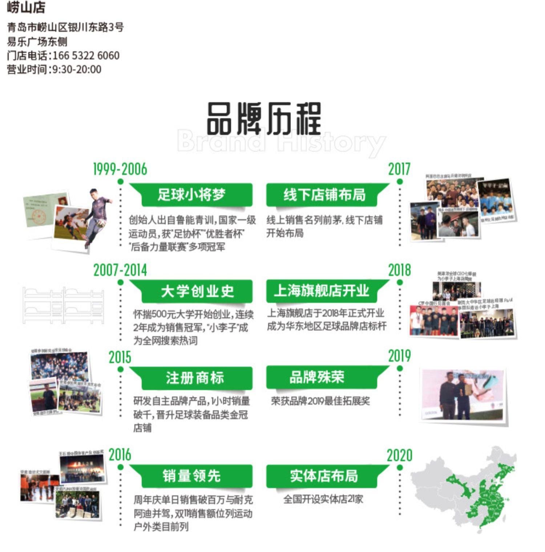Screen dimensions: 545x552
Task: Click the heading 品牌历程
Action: click(x=264, y=118)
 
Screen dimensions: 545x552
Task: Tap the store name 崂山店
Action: click(x=26, y=8)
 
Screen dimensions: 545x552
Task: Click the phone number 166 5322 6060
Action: click(x=86, y=56)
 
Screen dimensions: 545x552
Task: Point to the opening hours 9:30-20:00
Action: click(x=77, y=69)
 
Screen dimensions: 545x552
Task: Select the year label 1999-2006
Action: click(x=120, y=169)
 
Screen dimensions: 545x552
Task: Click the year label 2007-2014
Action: click(x=120, y=270)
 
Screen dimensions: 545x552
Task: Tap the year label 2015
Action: click(x=120, y=358)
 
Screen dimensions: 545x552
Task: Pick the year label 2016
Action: click(x=120, y=455)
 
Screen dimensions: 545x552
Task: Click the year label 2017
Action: click(x=399, y=169)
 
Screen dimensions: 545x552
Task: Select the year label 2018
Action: click(x=399, y=270)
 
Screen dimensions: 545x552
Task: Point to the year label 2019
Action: click(x=399, y=356)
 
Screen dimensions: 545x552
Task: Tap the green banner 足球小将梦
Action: click(x=191, y=195)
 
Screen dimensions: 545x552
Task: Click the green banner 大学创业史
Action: click(x=197, y=291)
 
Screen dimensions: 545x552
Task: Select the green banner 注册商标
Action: click(x=195, y=378)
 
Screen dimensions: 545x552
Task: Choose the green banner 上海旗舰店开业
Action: click(x=322, y=291)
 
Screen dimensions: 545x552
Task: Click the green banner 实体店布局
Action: click(x=324, y=476)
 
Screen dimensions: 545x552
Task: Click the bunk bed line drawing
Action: click(x=63, y=305)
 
